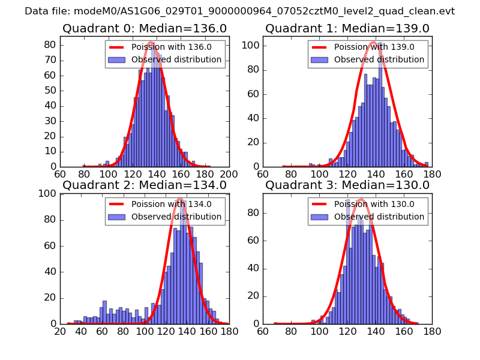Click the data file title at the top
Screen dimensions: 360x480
click(x=239, y=11)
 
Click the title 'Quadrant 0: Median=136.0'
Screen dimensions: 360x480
click(x=144, y=28)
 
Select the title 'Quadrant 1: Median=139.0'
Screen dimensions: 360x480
click(x=347, y=28)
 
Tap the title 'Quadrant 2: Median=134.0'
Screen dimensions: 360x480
click(x=144, y=185)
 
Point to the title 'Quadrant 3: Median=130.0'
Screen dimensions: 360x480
click(x=347, y=185)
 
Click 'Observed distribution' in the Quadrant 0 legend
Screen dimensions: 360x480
click(x=176, y=60)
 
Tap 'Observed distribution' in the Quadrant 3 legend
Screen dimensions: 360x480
click(x=379, y=217)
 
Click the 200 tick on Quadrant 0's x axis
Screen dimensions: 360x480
click(x=229, y=175)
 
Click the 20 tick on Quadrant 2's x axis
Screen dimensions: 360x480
click(x=60, y=331)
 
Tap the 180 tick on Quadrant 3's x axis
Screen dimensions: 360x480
click(x=431, y=331)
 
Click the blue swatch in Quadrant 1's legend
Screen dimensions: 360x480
click(x=320, y=60)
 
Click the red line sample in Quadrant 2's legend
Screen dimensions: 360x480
click(x=118, y=204)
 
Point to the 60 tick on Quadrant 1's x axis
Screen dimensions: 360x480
click(x=263, y=175)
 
